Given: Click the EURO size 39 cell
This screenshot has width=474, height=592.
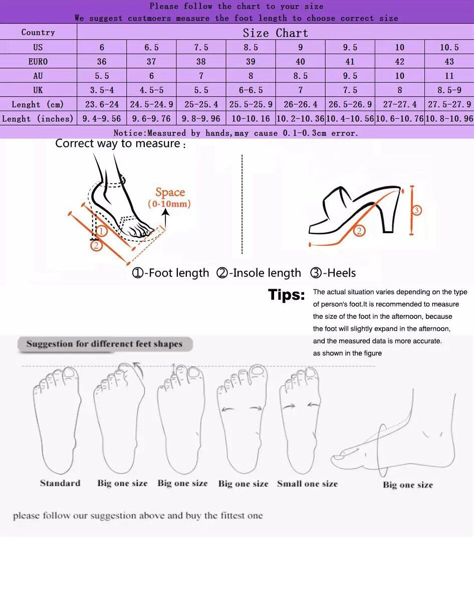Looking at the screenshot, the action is [251, 61].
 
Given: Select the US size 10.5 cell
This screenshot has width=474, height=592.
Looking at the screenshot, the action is [449, 47].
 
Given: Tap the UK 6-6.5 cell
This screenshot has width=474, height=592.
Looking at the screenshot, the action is [251, 90].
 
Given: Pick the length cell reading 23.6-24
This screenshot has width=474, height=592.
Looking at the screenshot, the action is [102, 104].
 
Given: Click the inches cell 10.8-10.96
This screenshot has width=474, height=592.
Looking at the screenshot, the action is [449, 119].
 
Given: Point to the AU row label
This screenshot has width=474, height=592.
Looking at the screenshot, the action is [38, 76].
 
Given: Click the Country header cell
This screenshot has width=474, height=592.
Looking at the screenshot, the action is [38, 32].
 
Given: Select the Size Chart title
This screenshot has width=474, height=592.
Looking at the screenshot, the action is [275, 33].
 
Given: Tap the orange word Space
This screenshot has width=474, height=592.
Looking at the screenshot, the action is [170, 192].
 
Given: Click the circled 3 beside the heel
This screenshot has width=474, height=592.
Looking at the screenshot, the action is [416, 210].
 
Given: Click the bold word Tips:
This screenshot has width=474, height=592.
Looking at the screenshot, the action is [287, 294].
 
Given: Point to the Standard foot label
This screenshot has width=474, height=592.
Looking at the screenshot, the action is [60, 483].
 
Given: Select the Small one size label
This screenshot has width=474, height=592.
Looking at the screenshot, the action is [307, 483].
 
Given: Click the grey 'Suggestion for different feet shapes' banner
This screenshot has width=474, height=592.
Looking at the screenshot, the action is [105, 344].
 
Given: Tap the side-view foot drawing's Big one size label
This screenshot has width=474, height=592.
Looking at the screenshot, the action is [408, 485].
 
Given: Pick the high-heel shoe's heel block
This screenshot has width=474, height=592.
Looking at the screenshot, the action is [391, 211].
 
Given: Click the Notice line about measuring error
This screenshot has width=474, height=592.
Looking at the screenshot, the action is [235, 133].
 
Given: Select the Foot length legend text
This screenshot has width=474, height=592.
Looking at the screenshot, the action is [170, 273].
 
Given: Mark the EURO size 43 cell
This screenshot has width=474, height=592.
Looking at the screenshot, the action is [449, 61].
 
